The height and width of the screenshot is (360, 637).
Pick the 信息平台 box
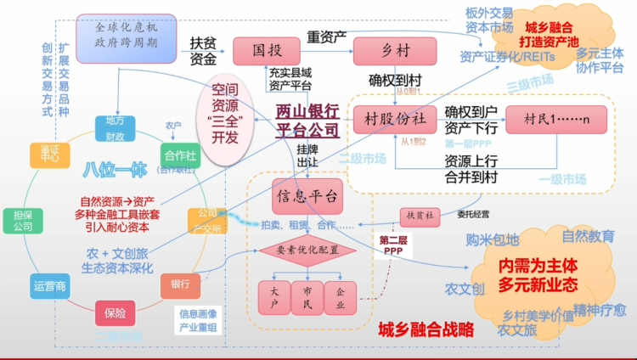pyautogui.click(x=307, y=196)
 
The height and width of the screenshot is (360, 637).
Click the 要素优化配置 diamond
pyautogui.click(x=307, y=250)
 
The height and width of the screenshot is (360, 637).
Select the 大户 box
pyautogui.click(x=273, y=297)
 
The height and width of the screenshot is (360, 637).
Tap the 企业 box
pyautogui.click(x=340, y=297)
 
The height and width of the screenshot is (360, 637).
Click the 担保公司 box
pyautogui.click(x=23, y=221)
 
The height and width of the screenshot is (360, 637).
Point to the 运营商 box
pyautogui.click(x=49, y=286)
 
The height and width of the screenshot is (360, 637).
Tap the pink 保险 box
pyautogui.click(x=116, y=312)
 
